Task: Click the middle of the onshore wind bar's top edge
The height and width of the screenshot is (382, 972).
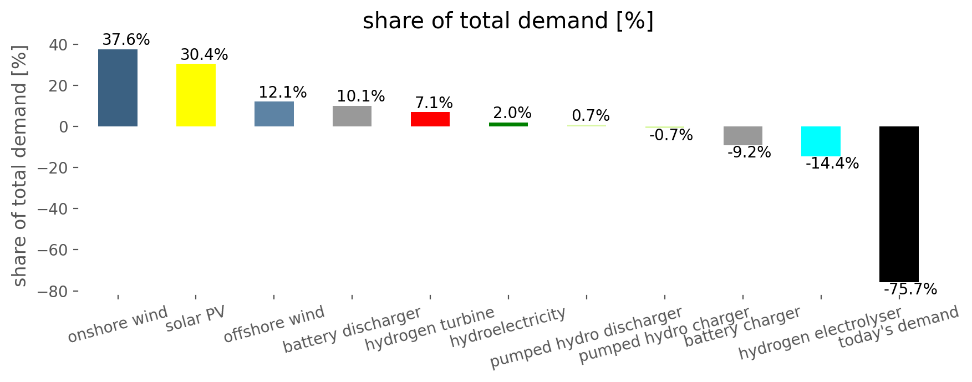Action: pyautogui.click(x=118, y=49)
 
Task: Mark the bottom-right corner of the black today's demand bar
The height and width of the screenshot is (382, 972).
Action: pyautogui.click(x=919, y=282)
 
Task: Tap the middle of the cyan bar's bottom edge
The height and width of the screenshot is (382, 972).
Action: pyautogui.click(x=821, y=156)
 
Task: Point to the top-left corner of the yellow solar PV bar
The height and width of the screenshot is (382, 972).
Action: pyautogui.click(x=176, y=64)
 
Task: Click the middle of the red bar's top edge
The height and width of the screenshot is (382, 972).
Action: pyautogui.click(x=430, y=112)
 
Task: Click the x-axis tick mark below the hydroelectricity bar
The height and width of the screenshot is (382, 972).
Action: pyautogui.click(x=508, y=297)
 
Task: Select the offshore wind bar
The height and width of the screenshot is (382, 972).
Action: pyautogui.click(x=274, y=114)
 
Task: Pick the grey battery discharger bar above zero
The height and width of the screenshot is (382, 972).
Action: pyautogui.click(x=352, y=116)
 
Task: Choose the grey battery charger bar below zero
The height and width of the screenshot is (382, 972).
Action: pyautogui.click(x=743, y=136)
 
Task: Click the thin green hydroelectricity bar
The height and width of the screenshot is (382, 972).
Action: pyautogui.click(x=508, y=124)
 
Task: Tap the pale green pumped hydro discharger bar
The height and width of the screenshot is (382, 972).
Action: pyautogui.click(x=587, y=125)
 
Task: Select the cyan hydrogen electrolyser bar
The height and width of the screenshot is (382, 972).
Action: pyautogui.click(x=821, y=141)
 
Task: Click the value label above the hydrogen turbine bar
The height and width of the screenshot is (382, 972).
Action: pyautogui.click(x=434, y=103)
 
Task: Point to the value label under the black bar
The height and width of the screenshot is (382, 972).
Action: pyautogui.click(x=910, y=289)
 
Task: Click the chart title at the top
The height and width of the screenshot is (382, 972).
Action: pyautogui.click(x=508, y=21)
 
